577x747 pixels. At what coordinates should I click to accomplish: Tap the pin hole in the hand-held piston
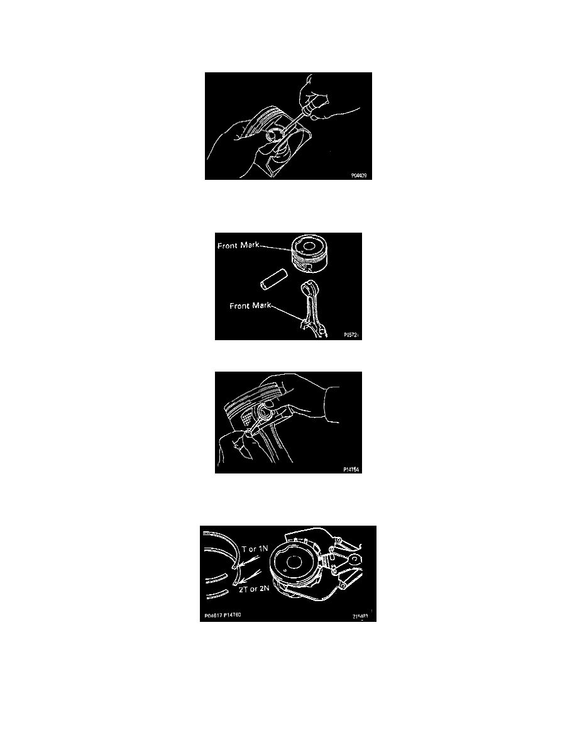[x=272, y=135]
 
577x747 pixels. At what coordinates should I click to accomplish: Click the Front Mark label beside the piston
[x=238, y=246]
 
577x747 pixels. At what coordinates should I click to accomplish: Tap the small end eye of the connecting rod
[x=307, y=287]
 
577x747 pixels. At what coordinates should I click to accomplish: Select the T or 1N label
[x=256, y=549]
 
